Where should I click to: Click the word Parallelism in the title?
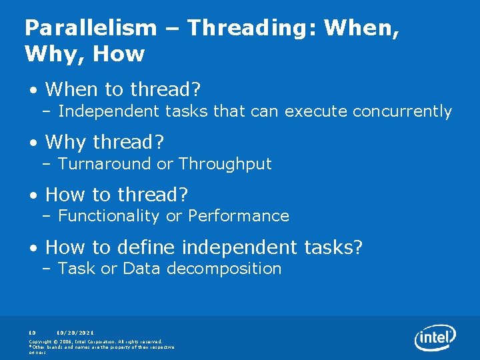[x=91, y=27]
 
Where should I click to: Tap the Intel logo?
[x=435, y=338]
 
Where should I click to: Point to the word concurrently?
[x=402, y=111]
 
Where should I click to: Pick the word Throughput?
[x=225, y=164]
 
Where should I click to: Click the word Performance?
[x=239, y=216]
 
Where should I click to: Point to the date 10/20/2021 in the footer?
[x=75, y=331]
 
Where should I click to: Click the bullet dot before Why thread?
[x=33, y=143]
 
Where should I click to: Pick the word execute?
[x=310, y=111]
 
